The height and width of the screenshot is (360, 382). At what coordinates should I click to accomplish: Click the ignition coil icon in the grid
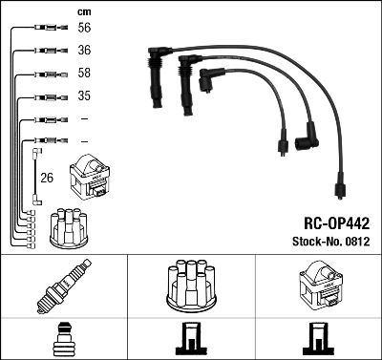tap(317, 284)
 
